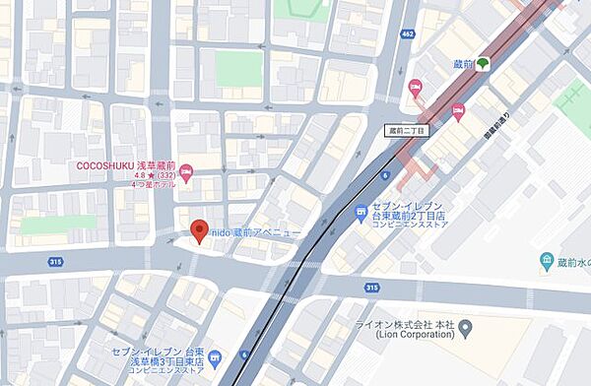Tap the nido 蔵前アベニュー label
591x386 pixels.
coord(253,232)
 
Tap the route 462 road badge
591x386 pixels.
coord(406,35)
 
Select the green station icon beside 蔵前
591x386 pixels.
coord(484,63)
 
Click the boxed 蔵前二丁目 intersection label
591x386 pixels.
coord(406,129)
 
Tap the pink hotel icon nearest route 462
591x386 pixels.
coord(415,87)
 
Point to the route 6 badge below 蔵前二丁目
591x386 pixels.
coord(385,176)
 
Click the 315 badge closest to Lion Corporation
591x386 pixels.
coord(370,288)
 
